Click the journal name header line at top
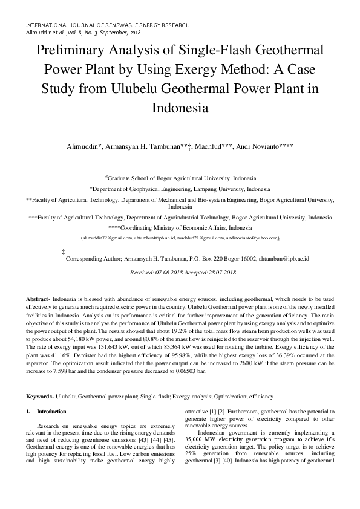coord(108,25)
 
